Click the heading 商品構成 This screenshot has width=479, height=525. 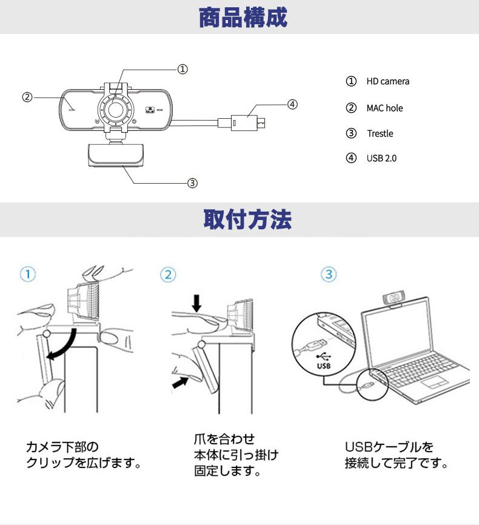(x=243, y=18)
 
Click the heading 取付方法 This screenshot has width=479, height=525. (x=247, y=219)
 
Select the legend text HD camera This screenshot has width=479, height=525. (x=387, y=81)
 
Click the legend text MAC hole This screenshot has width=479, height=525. (x=384, y=108)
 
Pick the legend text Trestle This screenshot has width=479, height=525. (x=380, y=133)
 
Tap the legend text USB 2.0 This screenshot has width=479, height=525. (x=381, y=158)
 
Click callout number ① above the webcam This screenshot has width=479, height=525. (x=183, y=69)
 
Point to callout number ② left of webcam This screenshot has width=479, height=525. (x=27, y=97)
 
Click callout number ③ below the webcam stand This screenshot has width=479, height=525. (x=192, y=182)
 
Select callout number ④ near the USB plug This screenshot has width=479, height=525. (x=292, y=104)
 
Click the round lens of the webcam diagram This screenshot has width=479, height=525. (x=115, y=112)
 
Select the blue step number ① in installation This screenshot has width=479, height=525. (x=27, y=274)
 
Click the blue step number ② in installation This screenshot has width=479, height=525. (x=168, y=274)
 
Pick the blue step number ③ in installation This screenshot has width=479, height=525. (x=328, y=274)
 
